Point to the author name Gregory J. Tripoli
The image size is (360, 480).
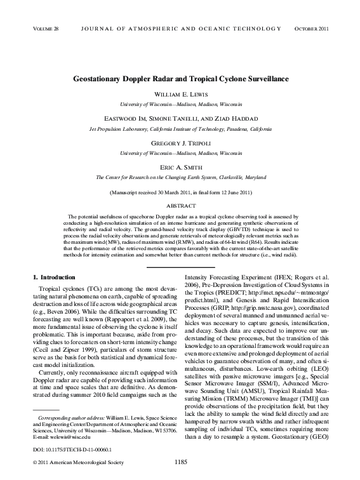pyautogui.click(x=180, y=144)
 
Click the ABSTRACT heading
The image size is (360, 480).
pyautogui.click(x=180, y=206)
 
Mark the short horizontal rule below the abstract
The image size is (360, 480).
pyautogui.click(x=180, y=267)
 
